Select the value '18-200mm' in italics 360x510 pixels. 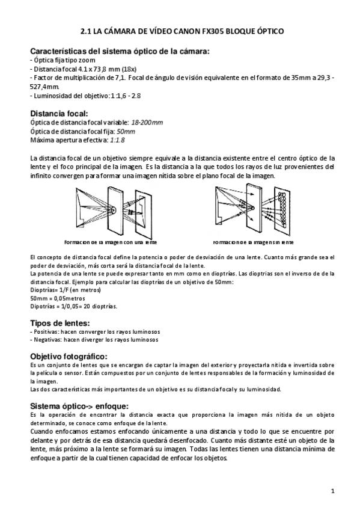point(147,122)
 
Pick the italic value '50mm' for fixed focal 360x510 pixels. point(126,131)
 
